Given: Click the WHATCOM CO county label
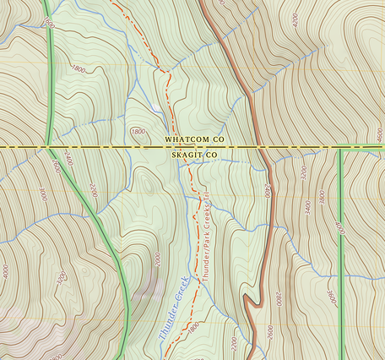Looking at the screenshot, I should coord(194,137).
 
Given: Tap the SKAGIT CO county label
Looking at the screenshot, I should coord(194,156).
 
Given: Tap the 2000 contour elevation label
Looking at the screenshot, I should coord(157,259).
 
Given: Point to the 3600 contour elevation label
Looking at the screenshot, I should coord(330,297).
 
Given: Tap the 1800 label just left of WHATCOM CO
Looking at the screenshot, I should coord(138,132).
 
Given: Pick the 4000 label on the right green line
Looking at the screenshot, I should coord(340,228).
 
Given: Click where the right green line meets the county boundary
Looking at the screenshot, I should coord(340,147).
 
